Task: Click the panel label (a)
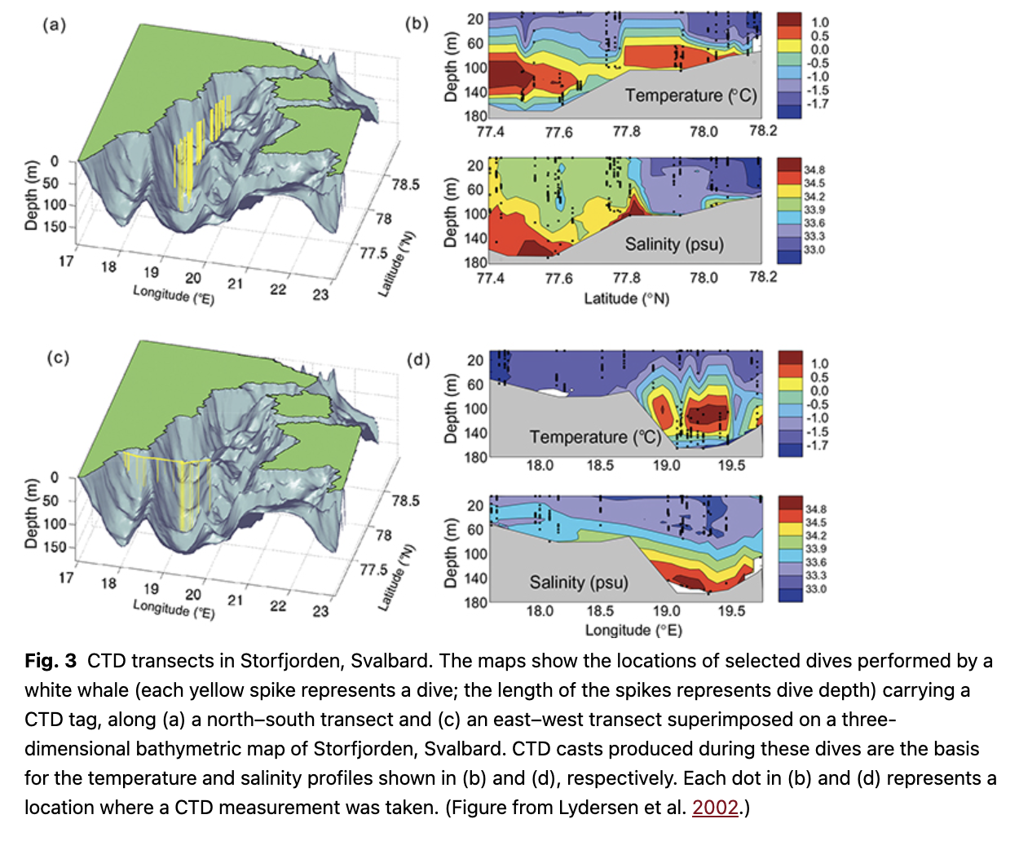coord(54,24)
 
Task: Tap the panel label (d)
coord(418,359)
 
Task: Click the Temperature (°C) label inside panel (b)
coord(690,95)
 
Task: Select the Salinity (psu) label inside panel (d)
coord(579,582)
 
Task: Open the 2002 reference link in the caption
coord(715,808)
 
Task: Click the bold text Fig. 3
coord(51,661)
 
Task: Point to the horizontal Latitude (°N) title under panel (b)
coord(626,298)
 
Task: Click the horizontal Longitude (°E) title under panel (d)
coord(633,630)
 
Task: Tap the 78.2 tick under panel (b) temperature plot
coord(763,130)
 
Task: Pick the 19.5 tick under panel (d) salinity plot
coord(731,611)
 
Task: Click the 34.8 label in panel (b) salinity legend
coord(814,170)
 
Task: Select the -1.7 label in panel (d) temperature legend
coord(817,445)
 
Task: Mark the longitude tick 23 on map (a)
coord(320,294)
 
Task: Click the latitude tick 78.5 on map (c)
coord(405,500)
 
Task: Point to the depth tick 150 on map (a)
coord(55,227)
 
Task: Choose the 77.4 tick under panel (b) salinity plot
coord(490,279)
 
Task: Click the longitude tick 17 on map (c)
coord(66,578)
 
